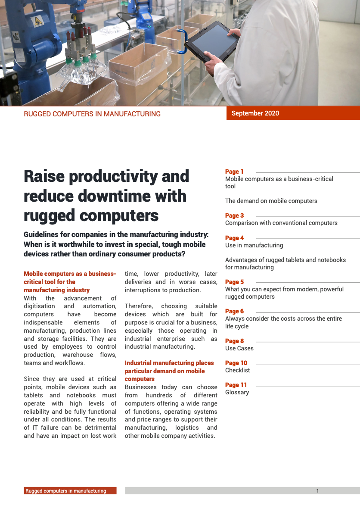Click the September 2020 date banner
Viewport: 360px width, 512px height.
(x=255, y=113)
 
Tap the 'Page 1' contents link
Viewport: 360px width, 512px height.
(x=234, y=172)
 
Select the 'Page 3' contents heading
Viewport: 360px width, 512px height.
(x=234, y=215)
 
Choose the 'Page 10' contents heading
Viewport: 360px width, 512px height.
(x=236, y=363)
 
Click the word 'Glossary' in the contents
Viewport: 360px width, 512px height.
(x=237, y=392)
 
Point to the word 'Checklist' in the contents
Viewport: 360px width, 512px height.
(x=237, y=370)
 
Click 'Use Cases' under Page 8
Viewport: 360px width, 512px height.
(x=239, y=348)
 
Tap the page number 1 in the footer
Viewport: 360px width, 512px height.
(x=317, y=490)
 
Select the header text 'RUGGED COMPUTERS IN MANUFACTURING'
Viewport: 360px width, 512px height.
(x=92, y=114)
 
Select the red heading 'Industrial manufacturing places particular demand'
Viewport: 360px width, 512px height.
(x=169, y=371)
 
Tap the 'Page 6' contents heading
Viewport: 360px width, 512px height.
(x=234, y=311)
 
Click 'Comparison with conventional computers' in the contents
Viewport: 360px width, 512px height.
(x=281, y=223)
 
